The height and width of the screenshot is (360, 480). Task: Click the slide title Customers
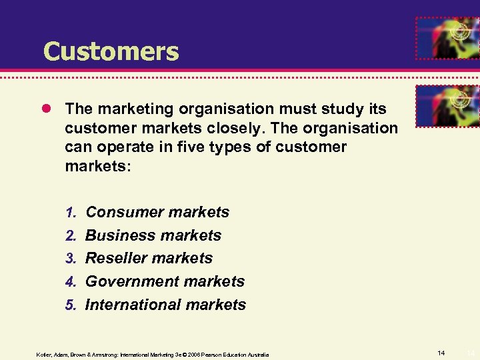(111, 51)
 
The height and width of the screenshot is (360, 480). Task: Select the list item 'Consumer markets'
(157, 213)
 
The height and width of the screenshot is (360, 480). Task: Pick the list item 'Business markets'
(153, 235)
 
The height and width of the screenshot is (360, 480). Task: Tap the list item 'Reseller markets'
(149, 258)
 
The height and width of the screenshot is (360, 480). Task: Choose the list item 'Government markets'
(165, 281)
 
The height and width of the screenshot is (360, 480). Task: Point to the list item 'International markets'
(166, 305)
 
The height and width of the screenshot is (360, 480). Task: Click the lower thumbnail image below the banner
(447, 105)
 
